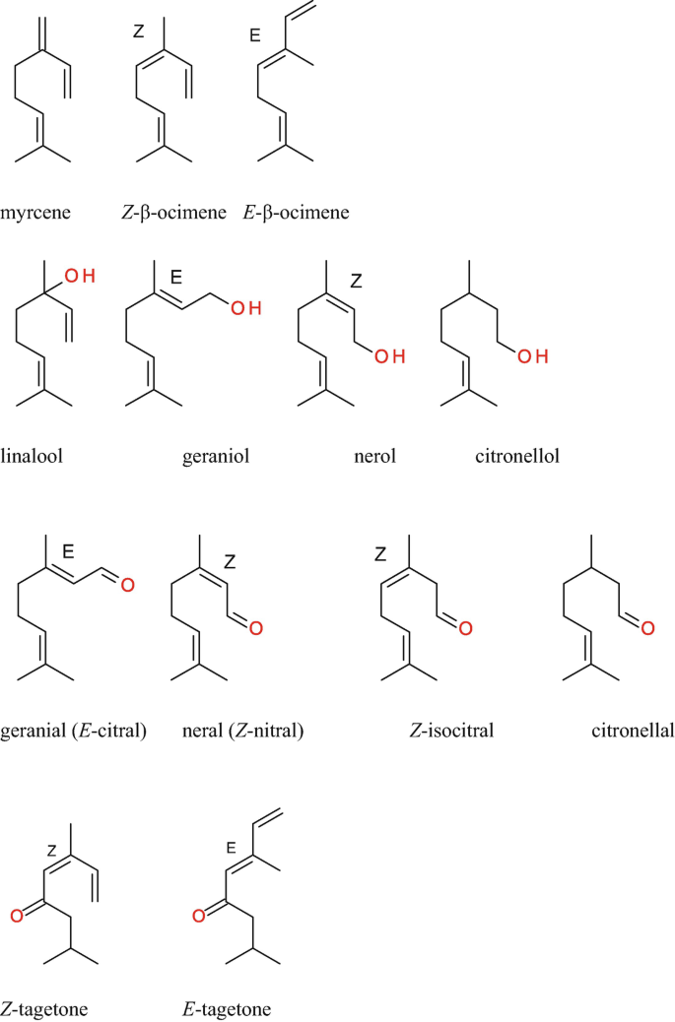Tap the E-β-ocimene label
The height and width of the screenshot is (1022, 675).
[296, 213]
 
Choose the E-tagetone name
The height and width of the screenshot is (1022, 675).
[226, 1009]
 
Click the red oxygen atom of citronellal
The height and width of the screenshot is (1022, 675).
[645, 627]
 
